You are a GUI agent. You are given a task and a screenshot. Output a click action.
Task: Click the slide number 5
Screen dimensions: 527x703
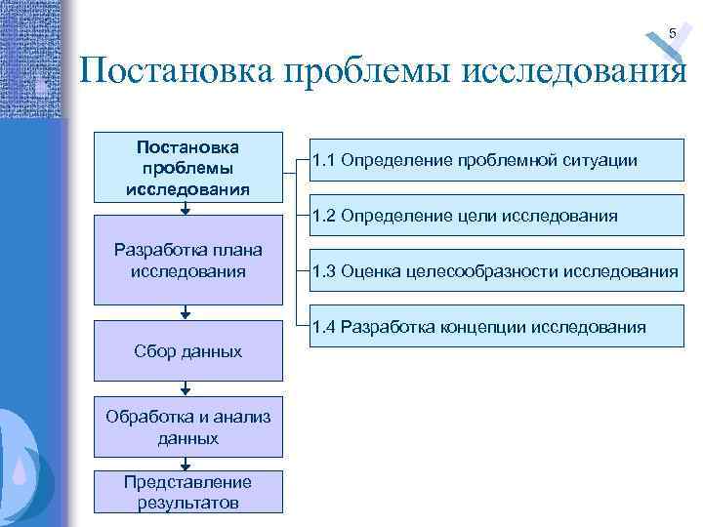click(672, 35)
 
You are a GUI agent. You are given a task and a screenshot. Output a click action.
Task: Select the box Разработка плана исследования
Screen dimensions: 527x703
click(188, 261)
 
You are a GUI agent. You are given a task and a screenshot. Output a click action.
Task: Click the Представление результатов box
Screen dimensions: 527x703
click(188, 492)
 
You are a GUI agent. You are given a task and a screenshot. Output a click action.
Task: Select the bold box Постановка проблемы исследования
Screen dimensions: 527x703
click(188, 167)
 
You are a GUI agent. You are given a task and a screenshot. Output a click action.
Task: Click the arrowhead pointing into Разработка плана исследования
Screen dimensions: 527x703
click(186, 209)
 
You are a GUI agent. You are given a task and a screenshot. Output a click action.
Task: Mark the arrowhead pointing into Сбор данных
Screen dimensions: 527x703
click(186, 314)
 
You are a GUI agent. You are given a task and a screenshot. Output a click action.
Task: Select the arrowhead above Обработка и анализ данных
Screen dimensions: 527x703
click(186, 391)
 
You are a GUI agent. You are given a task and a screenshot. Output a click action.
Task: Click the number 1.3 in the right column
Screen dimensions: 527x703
click(325, 271)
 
